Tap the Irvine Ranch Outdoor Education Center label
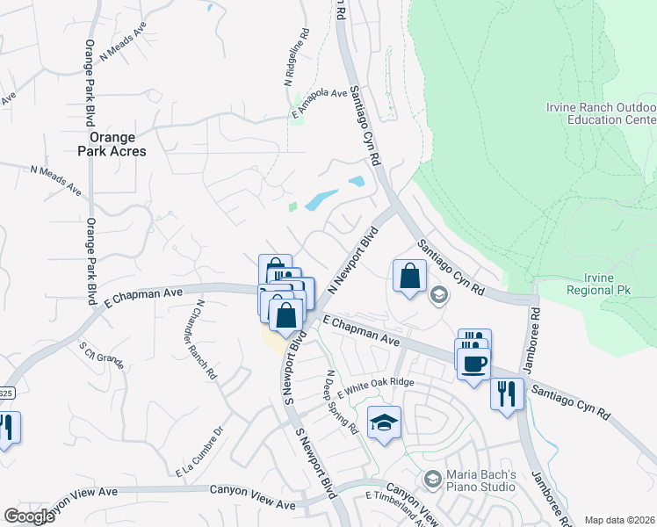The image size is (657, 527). point(601,112)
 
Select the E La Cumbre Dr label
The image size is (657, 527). point(201,452)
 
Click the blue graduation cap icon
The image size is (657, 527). point(384,424)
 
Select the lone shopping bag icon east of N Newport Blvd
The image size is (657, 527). point(409,277)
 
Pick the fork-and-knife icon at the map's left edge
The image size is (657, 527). point(5,428)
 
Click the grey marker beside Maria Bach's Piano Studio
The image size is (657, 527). point(431,480)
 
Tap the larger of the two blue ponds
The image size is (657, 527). point(321,200)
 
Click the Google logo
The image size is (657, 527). point(29,516)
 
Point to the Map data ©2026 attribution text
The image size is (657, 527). point(619,520)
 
